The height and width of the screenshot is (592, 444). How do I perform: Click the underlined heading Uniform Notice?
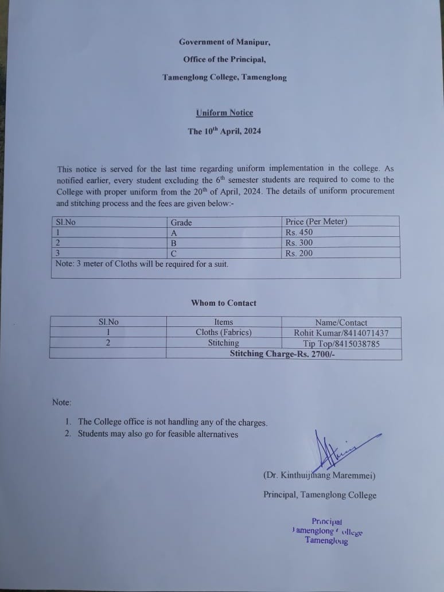pyautogui.click(x=224, y=112)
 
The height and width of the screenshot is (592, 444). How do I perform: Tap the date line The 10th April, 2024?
pyautogui.click(x=224, y=131)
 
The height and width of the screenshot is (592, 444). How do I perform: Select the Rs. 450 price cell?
pyautogui.click(x=299, y=233)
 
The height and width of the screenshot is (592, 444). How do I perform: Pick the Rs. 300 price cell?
pyautogui.click(x=299, y=243)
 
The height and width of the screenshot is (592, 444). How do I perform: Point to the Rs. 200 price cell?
pyautogui.click(x=299, y=253)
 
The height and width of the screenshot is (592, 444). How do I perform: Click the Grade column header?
pyautogui.click(x=181, y=223)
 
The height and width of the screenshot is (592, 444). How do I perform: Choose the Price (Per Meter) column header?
pyautogui.click(x=316, y=222)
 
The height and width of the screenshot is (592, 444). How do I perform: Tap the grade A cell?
pyautogui.click(x=174, y=233)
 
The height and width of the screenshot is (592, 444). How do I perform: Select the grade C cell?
pyautogui.click(x=174, y=253)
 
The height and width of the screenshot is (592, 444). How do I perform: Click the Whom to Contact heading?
pyautogui.click(x=224, y=303)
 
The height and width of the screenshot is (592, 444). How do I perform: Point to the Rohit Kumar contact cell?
pyautogui.click(x=341, y=333)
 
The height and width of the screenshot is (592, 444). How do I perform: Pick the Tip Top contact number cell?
pyautogui.click(x=341, y=344)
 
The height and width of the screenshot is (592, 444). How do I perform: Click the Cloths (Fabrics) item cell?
pyautogui.click(x=223, y=333)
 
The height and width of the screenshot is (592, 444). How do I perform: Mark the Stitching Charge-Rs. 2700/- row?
pyautogui.click(x=282, y=354)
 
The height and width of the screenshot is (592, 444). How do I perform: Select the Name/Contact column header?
pyautogui.click(x=341, y=322)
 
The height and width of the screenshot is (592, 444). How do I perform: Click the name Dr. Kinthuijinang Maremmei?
pyautogui.click(x=319, y=475)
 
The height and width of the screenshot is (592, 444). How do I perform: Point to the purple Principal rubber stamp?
pyautogui.click(x=326, y=531)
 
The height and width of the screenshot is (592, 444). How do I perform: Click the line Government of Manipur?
pyautogui.click(x=224, y=41)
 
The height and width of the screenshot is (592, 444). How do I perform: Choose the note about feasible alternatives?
pyautogui.click(x=158, y=434)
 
